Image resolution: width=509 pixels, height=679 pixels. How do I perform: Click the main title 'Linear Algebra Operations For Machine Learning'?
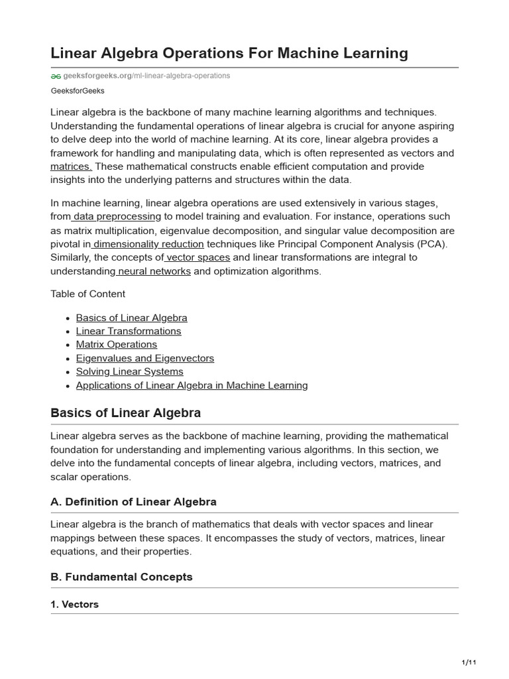(x=229, y=53)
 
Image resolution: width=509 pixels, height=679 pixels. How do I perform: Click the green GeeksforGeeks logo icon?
(x=56, y=76)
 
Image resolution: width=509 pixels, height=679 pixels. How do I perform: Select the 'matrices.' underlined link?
(x=72, y=166)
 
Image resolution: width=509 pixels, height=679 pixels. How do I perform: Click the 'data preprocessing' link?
(x=117, y=216)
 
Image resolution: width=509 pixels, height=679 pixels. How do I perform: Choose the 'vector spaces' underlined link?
(x=198, y=257)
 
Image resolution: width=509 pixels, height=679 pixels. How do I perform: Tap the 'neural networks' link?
(x=154, y=271)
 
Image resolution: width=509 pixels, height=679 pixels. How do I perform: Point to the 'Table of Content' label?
(x=87, y=294)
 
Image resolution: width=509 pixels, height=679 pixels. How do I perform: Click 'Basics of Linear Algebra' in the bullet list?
(x=131, y=318)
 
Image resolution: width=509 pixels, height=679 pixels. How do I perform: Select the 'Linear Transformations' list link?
(x=129, y=331)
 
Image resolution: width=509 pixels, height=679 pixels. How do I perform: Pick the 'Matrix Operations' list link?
(x=117, y=344)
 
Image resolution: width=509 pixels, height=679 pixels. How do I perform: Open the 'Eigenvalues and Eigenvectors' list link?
(x=145, y=358)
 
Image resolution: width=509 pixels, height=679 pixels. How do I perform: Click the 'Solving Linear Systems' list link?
(x=130, y=371)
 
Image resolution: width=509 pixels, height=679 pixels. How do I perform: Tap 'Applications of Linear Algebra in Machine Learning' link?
(x=192, y=385)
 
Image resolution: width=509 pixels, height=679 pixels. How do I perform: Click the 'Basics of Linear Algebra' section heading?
(x=125, y=413)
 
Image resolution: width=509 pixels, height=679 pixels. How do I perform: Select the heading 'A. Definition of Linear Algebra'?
(x=133, y=501)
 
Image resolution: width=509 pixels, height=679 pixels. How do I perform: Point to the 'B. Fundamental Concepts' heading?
(x=121, y=577)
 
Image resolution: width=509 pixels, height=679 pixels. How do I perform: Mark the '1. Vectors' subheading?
(x=74, y=604)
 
